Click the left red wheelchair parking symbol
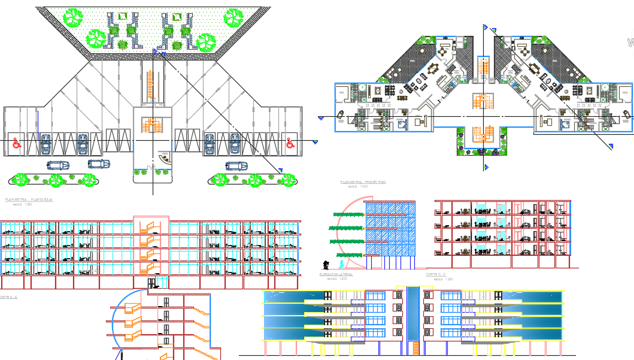pos(17,144)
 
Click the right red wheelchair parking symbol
pos(290,143)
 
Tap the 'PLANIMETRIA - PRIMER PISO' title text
pos(363,181)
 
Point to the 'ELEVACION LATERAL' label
pos(336,274)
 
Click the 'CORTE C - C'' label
pos(438,274)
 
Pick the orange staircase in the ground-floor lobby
pos(152,125)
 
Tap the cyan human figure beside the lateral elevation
pos(341,264)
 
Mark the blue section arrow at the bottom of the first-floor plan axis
pos(486,167)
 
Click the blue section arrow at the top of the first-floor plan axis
pos(486,28)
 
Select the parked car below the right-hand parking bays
pos(236,165)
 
